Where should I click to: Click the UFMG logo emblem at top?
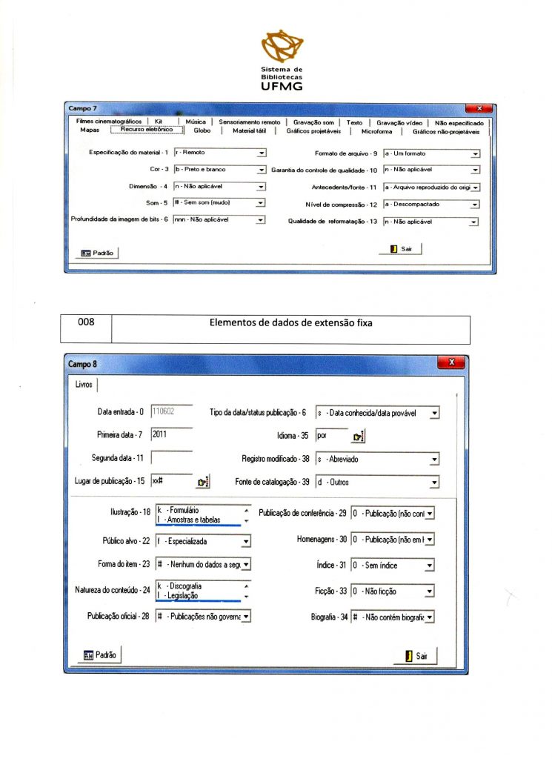282,47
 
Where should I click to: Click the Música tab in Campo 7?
196,122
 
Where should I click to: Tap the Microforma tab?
377,131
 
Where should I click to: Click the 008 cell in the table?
87,323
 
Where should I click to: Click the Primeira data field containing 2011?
171,435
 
